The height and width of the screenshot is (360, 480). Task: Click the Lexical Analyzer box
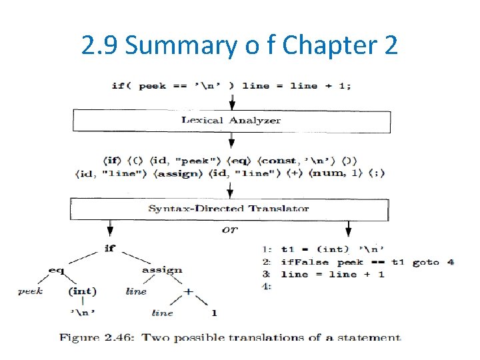(x=231, y=121)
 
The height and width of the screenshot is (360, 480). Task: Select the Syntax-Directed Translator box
(x=231, y=209)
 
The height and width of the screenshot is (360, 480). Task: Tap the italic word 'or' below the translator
(x=229, y=229)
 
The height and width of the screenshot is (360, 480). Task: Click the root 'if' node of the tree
(x=109, y=248)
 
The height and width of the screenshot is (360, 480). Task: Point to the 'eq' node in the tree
(x=57, y=270)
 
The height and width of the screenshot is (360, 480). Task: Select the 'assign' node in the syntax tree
(x=162, y=270)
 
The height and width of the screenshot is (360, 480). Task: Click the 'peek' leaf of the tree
(x=30, y=291)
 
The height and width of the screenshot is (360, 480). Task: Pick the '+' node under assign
(x=189, y=291)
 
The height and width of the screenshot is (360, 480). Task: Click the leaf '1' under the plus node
(x=214, y=313)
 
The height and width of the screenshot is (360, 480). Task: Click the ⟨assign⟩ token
(x=179, y=173)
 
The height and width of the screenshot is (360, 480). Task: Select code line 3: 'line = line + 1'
(x=332, y=275)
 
